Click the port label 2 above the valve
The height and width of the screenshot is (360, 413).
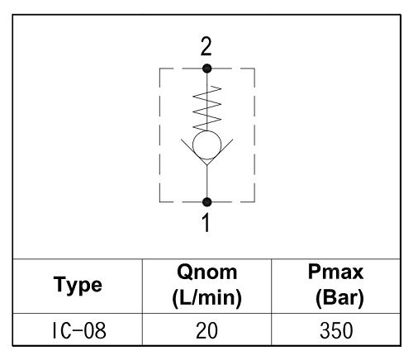206,47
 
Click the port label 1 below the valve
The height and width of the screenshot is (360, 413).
206,223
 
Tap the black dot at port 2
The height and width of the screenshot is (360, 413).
206,69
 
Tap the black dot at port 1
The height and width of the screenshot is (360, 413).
206,202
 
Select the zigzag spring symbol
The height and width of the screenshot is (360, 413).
207,108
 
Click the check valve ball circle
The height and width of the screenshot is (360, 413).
206,145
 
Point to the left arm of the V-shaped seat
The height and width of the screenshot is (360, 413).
194,152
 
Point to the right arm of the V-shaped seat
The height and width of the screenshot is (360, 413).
220,152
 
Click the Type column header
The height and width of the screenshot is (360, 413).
78,286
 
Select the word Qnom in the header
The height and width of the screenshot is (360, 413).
206,272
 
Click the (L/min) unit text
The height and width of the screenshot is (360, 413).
206,298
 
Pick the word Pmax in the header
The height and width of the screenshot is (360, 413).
335,272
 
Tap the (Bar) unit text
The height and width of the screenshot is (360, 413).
339,298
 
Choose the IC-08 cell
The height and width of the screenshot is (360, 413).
79,330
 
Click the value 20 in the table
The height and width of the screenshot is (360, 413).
206,330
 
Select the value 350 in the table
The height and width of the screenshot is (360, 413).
336,330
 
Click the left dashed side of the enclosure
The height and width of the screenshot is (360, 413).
159,135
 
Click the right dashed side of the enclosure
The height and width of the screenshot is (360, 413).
254,135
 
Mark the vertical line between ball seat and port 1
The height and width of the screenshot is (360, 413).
206,182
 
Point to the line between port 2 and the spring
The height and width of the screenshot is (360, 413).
206,79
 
